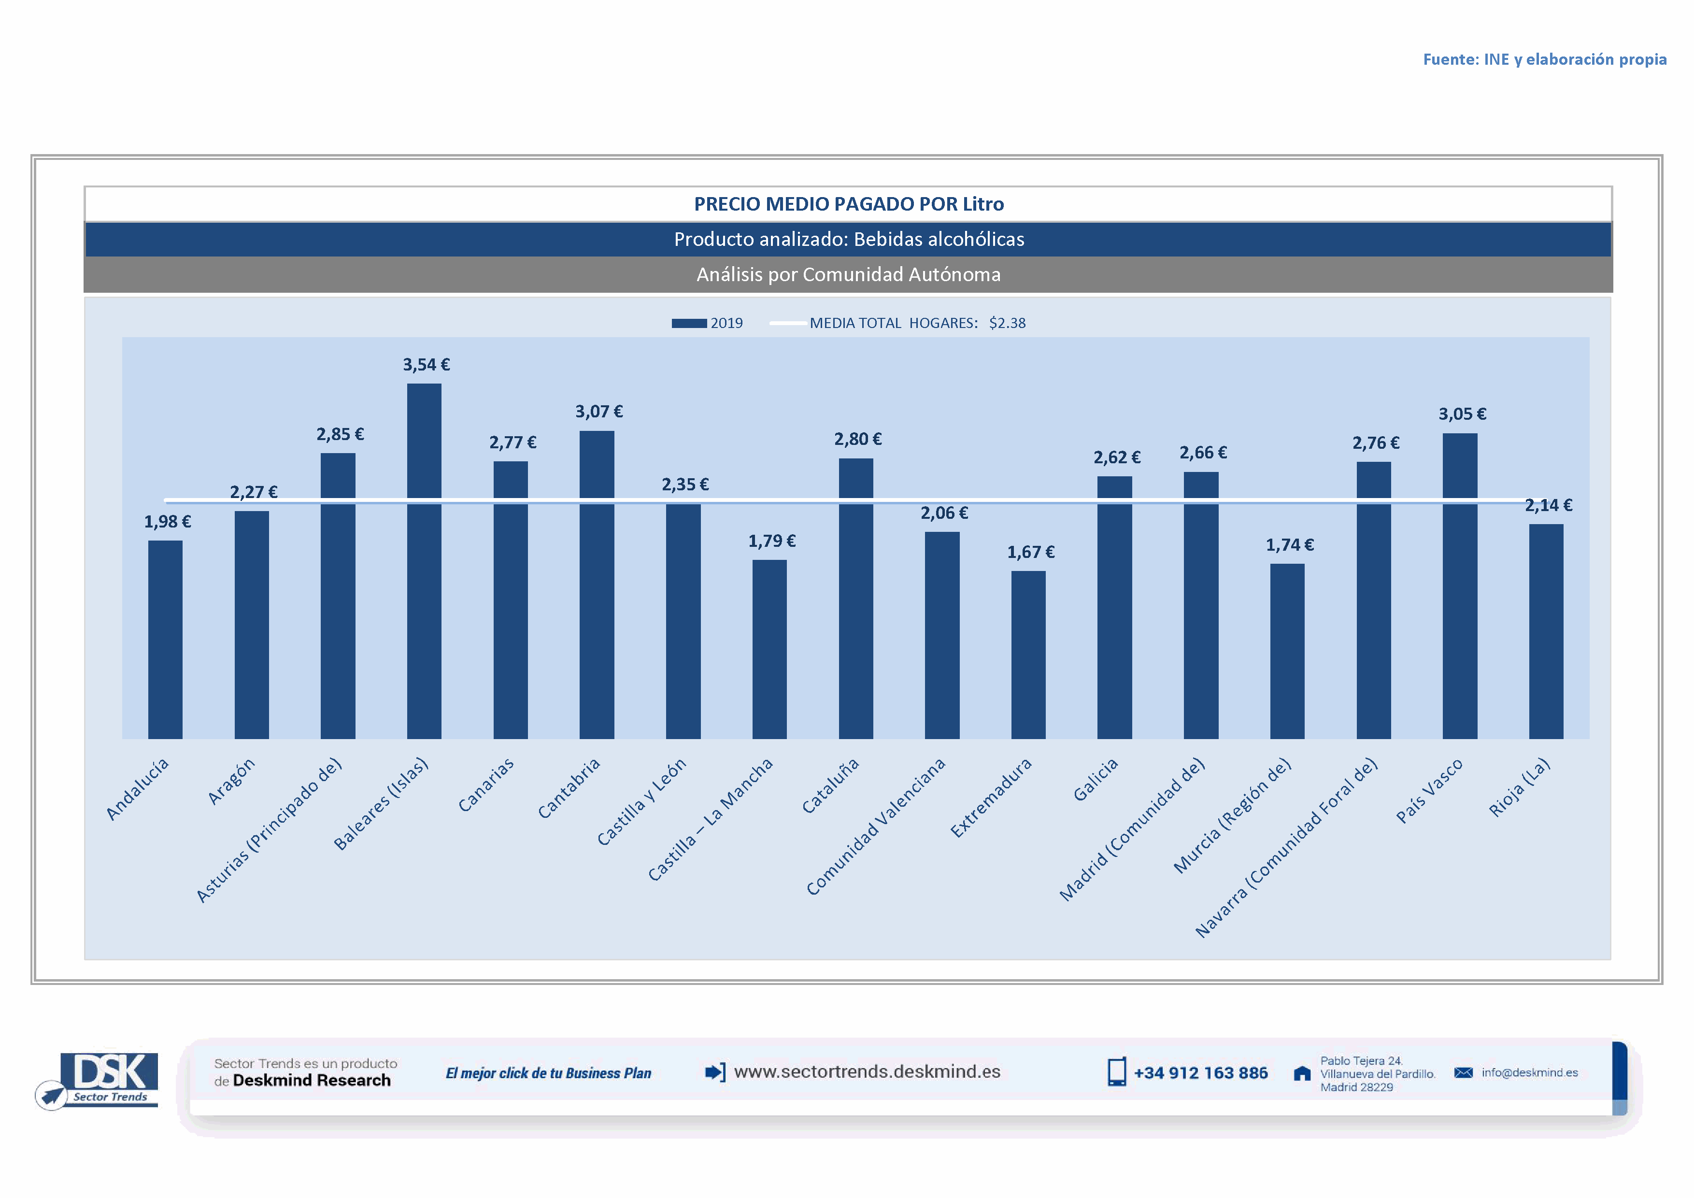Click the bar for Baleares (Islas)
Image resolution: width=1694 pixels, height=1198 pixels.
[x=424, y=561]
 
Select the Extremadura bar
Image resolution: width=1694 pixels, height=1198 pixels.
[x=1028, y=655]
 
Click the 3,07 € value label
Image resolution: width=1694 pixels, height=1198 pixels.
[x=598, y=412]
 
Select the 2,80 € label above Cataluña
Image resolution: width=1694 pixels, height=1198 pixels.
[x=857, y=440]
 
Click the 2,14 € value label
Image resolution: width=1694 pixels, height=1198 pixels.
[x=1548, y=505]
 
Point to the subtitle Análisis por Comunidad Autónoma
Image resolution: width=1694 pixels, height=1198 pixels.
[x=849, y=274]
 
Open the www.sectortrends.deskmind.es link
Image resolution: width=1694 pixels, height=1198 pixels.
[x=867, y=1072]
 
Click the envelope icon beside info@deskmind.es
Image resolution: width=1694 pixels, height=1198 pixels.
[x=1463, y=1072]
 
